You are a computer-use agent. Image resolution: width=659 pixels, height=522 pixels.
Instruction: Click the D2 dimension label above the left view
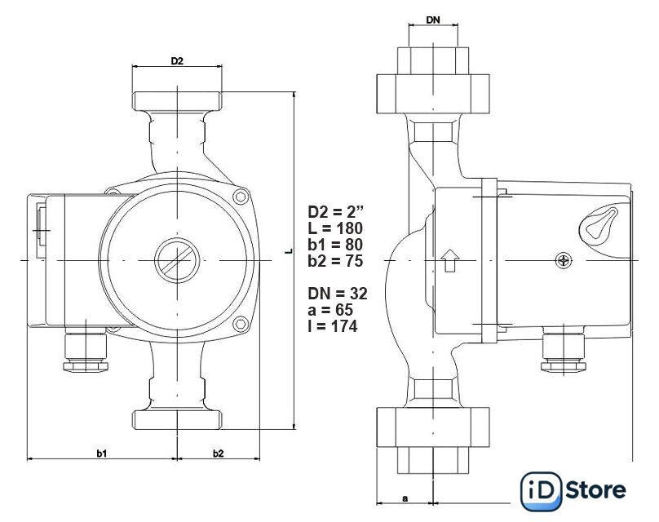pos(177,61)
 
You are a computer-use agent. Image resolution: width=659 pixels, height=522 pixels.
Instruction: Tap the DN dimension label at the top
pos(433,20)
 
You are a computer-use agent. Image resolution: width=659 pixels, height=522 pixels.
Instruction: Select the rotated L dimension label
pos(289,251)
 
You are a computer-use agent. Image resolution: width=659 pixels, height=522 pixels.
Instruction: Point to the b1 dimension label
pos(102,453)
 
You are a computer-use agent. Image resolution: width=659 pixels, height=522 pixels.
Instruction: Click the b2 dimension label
pos(218,453)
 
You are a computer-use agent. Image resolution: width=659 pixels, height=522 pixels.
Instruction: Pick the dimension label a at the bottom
pos(405,498)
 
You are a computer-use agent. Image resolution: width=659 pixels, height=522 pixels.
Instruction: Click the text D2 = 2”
pos(336,211)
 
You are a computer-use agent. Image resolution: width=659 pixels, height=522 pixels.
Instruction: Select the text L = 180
pos(335,228)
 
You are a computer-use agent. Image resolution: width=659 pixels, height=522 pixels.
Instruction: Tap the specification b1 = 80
pos(335,245)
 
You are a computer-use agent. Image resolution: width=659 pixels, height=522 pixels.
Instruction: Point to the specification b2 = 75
pos(335,261)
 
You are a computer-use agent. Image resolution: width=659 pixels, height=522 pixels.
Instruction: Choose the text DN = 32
pos(338,294)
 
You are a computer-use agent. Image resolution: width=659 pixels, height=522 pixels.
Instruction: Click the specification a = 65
pos(330,310)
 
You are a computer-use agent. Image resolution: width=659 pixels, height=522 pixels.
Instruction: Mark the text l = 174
pos(333,326)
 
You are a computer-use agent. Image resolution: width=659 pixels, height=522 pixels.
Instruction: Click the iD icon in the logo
pos(542,491)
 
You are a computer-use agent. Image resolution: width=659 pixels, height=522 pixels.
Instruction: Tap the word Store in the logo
pos(595,490)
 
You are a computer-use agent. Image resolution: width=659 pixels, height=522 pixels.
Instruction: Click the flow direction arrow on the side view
pos(450,260)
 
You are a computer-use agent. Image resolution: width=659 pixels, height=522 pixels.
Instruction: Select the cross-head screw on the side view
pos(564,260)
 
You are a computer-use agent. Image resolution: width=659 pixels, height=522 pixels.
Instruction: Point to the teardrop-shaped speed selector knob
pos(598,225)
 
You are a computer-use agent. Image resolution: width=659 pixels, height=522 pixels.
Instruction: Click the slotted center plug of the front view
pos(177,260)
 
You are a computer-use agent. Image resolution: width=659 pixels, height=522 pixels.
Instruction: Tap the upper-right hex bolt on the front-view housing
pos(240,197)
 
